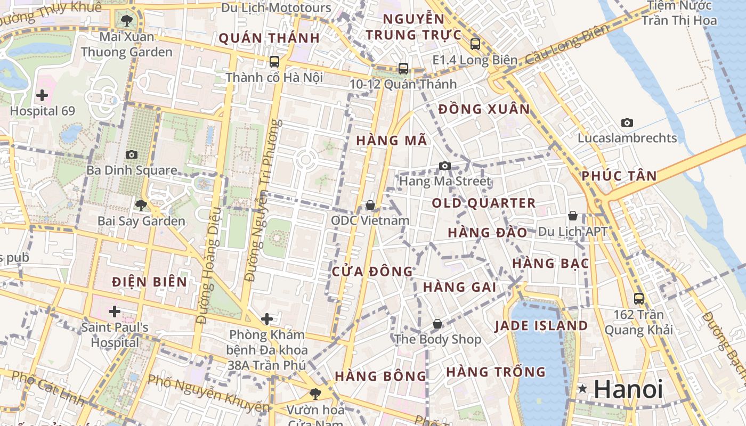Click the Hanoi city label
pyautogui.click(x=628, y=389)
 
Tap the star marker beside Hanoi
pyautogui.click(x=583, y=389)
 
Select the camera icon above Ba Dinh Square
pyautogui.click(x=131, y=154)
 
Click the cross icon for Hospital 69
pyautogui.click(x=42, y=96)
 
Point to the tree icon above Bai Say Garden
pyautogui.click(x=141, y=205)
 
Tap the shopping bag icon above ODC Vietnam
pyautogui.click(x=370, y=205)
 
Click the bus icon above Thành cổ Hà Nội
pyautogui.click(x=274, y=62)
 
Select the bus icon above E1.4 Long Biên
pyautogui.click(x=475, y=44)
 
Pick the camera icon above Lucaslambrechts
pyautogui.click(x=627, y=122)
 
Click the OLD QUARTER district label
pyautogui.click(x=483, y=203)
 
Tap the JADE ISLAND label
pyautogui.click(x=541, y=325)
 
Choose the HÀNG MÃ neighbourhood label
pyautogui.click(x=391, y=141)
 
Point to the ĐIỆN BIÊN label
pyautogui.click(x=150, y=282)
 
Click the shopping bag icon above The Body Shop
pyautogui.click(x=437, y=324)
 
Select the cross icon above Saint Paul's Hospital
pyautogui.click(x=114, y=312)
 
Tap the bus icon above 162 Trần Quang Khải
pyautogui.click(x=638, y=299)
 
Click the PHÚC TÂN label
pyautogui.click(x=619, y=176)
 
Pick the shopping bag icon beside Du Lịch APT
pyautogui.click(x=572, y=216)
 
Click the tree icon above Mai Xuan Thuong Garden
pyautogui.click(x=126, y=21)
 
